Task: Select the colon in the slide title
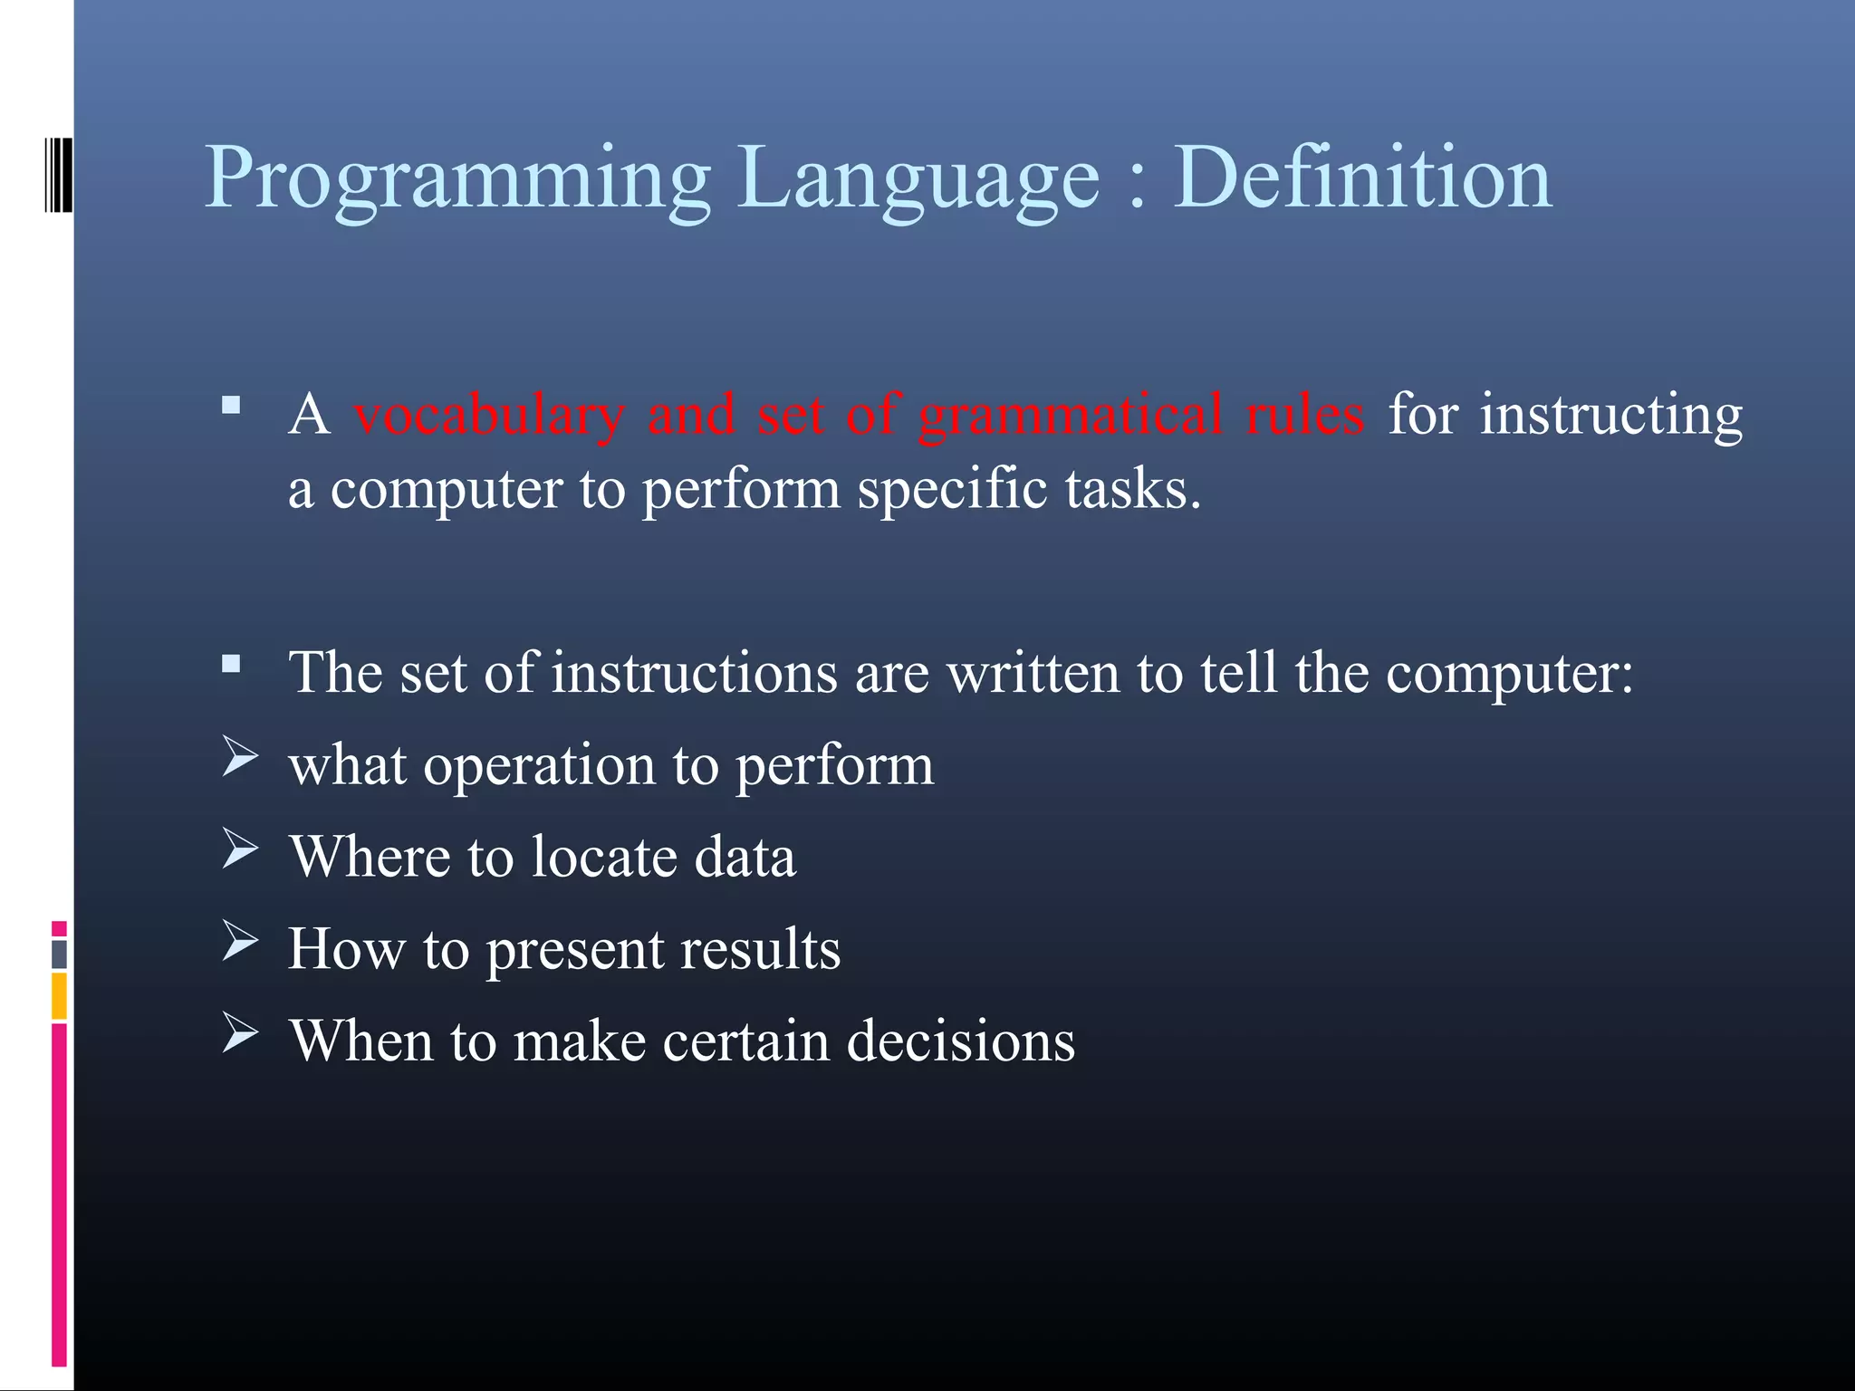[x=1138, y=186]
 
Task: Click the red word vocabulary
[x=489, y=417]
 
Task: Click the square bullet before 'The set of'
[x=231, y=665]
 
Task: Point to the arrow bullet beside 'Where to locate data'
[x=240, y=849]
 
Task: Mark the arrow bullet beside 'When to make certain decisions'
[x=240, y=1032]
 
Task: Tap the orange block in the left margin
[x=59, y=995]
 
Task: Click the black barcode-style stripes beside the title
[x=58, y=175]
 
